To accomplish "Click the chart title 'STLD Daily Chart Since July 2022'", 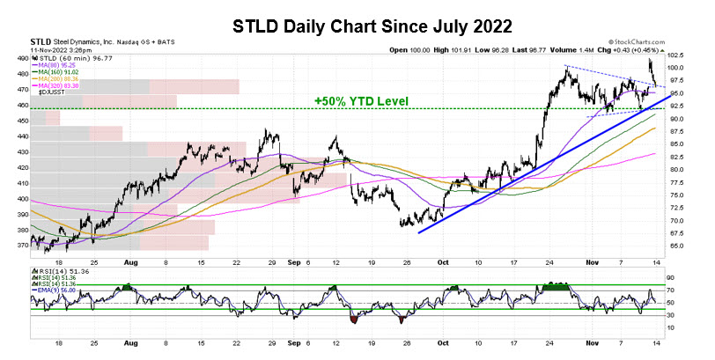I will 357,24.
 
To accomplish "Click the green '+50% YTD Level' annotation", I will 362,101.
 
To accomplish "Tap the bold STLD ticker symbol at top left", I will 40,41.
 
